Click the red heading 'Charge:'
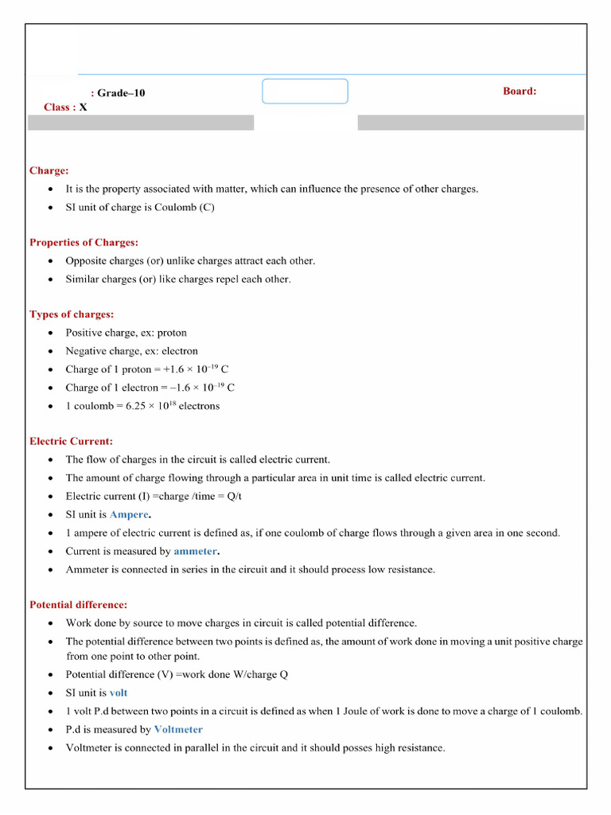tap(49, 170)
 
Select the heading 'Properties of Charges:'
tap(84, 242)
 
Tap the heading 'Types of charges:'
tap(72, 314)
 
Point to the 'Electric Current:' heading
tap(71, 441)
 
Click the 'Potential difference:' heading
tap(78, 605)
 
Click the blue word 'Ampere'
tap(129, 515)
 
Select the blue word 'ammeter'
tap(195, 551)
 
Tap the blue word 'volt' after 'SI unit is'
tap(119, 692)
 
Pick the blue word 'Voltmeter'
tap(178, 729)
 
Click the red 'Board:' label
tap(520, 91)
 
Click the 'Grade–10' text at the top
tap(121, 93)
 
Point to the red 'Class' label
tap(56, 107)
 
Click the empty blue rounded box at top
tap(305, 91)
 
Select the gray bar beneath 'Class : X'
tap(141, 123)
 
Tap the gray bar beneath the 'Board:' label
tap(470, 123)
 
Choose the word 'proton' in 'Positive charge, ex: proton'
tap(172, 333)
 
